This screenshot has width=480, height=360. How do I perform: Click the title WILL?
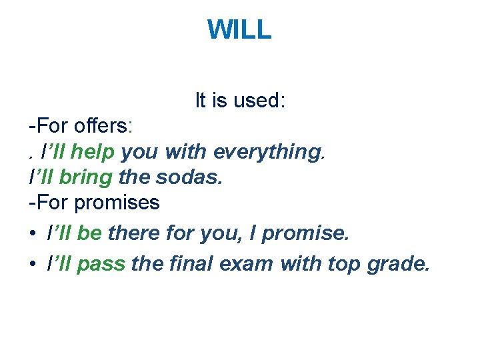[x=239, y=29]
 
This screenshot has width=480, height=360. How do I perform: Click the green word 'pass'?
[x=101, y=264]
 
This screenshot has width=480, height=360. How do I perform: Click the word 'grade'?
[x=397, y=264]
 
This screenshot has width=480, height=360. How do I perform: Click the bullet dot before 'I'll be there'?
[x=33, y=234]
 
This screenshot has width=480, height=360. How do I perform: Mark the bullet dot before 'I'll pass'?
[x=33, y=265]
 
